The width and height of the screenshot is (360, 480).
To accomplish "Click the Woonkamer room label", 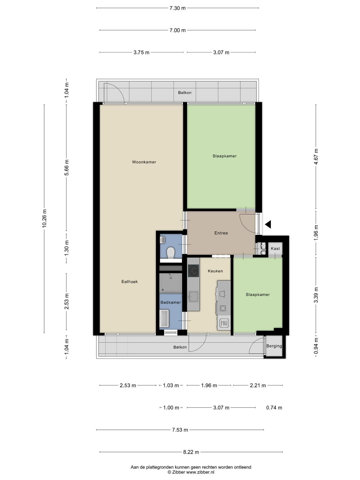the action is [144, 162].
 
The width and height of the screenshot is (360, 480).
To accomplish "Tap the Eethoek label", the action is [129, 282].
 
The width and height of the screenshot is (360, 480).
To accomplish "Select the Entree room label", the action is [221, 233].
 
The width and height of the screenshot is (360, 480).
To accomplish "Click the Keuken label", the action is [215, 271].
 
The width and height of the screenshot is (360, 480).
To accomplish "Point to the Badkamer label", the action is [170, 302].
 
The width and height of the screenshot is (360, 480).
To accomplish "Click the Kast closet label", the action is [275, 248].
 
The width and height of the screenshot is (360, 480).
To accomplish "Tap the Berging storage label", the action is [274, 346].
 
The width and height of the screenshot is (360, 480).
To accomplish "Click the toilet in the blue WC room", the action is [170, 253].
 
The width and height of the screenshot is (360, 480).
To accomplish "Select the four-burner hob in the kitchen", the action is [193, 271].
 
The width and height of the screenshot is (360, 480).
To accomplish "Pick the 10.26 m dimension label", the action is [44, 218].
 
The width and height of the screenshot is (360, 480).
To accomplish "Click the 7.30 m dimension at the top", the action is [178, 8].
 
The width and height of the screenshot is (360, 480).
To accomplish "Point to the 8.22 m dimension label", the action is [191, 452].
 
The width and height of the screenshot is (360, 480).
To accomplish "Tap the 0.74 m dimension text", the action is [274, 408].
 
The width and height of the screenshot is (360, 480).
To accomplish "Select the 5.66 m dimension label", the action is [67, 167].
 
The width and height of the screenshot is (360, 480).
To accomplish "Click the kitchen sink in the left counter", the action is [193, 296].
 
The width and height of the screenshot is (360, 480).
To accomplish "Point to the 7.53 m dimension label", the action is [180, 430].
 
